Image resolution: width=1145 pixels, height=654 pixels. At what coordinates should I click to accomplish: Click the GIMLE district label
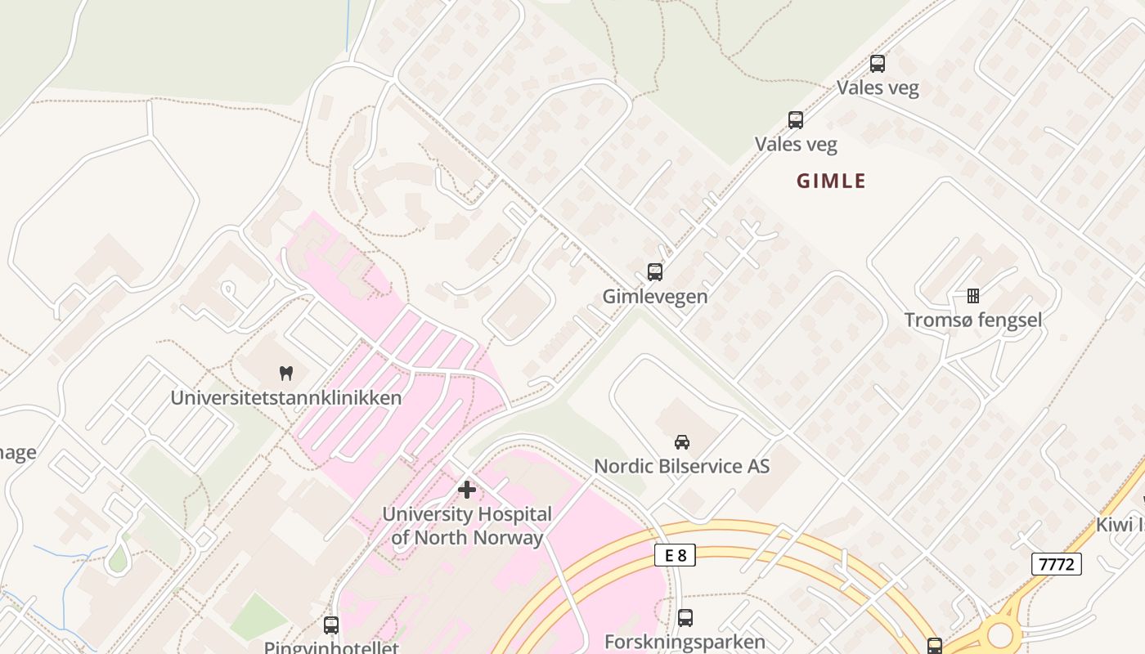tap(831, 181)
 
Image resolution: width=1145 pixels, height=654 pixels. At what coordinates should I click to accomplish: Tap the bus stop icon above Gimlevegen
tap(654, 272)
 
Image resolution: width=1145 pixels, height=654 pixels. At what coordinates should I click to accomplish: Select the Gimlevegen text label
tap(654, 296)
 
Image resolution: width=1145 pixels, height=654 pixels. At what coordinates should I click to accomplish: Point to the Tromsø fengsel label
tap(972, 320)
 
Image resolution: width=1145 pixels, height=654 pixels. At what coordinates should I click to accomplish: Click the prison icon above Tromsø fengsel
tap(972, 295)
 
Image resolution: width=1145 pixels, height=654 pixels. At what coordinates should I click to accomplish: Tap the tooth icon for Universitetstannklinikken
tap(285, 374)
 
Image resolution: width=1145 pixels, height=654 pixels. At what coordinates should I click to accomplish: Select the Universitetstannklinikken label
tap(285, 398)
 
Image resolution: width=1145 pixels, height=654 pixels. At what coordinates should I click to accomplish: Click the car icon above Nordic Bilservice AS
tap(681, 442)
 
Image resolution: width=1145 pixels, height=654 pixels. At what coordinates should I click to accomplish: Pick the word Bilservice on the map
tap(700, 466)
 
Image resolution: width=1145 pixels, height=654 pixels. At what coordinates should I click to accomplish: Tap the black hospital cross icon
tap(467, 490)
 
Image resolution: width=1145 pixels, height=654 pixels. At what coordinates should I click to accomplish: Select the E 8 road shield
tap(675, 556)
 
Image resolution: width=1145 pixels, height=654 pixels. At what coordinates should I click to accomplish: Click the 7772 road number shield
tap(1056, 564)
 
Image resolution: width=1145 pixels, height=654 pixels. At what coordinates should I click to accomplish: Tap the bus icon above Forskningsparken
tap(685, 618)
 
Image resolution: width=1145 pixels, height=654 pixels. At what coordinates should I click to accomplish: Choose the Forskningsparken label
tap(685, 642)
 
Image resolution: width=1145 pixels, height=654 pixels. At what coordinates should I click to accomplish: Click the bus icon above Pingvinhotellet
tap(330, 625)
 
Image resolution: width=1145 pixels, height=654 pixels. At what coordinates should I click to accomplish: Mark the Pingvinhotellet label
tap(330, 647)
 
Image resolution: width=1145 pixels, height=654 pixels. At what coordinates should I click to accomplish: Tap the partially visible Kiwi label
tap(1120, 525)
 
